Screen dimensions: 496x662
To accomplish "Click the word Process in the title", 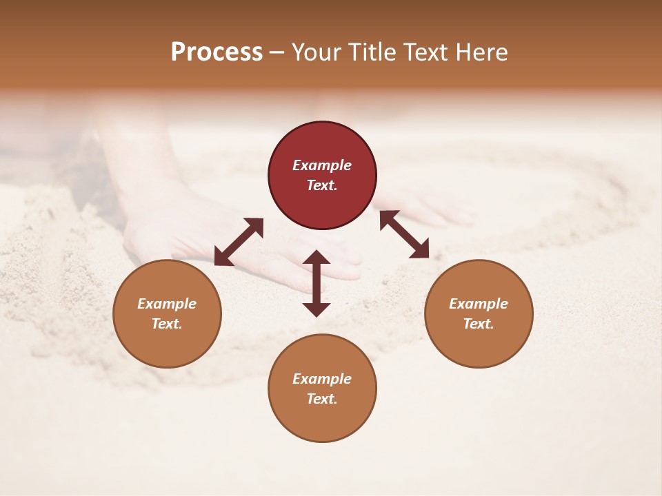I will pyautogui.click(x=217, y=52).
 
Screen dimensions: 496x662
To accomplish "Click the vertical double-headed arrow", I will pyautogui.click(x=317, y=283).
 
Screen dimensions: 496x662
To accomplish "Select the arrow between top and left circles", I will pyautogui.click(x=239, y=242).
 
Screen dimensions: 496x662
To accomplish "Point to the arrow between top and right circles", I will pyautogui.click(x=404, y=234).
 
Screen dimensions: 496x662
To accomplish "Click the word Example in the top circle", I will pyautogui.click(x=322, y=165).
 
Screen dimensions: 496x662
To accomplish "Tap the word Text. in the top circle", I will pyautogui.click(x=322, y=185).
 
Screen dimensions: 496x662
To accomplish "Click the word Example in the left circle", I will pyautogui.click(x=167, y=304).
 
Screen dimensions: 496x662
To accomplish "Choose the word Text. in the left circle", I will pyautogui.click(x=167, y=324).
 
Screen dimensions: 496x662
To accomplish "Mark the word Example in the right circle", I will pyautogui.click(x=479, y=304).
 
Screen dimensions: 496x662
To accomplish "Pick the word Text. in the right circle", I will pyautogui.click(x=479, y=324).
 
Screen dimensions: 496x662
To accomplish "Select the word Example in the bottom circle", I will pyautogui.click(x=322, y=379).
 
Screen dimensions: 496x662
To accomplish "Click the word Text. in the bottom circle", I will pyautogui.click(x=322, y=399).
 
